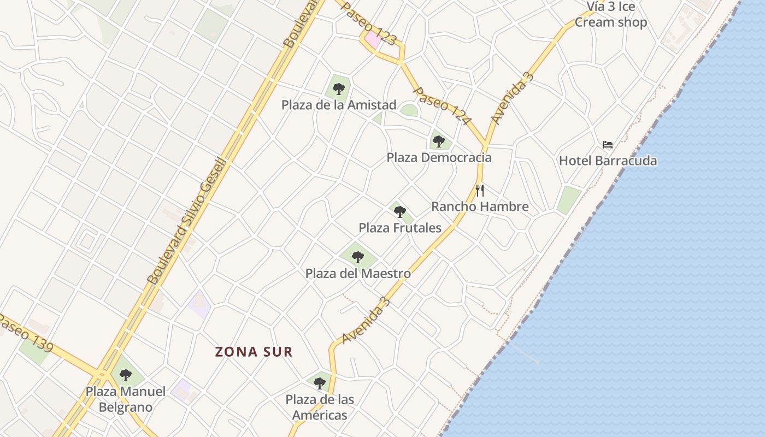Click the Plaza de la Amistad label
click(339, 105)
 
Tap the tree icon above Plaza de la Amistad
click(339, 88)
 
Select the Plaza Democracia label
click(439, 158)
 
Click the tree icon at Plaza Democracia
click(438, 141)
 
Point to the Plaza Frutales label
click(400, 228)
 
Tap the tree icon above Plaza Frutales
click(400, 211)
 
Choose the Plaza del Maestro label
click(358, 273)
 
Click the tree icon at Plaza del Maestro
click(358, 257)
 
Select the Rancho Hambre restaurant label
click(480, 206)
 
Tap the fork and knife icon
click(480, 191)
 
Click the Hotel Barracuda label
click(608, 161)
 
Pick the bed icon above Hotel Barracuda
click(608, 145)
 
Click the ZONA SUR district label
click(254, 352)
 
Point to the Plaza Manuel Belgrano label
click(126, 399)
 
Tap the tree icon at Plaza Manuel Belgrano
click(126, 375)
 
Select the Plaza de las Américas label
click(320, 408)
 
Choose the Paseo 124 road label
click(442, 105)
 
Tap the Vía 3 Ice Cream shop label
click(611, 15)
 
